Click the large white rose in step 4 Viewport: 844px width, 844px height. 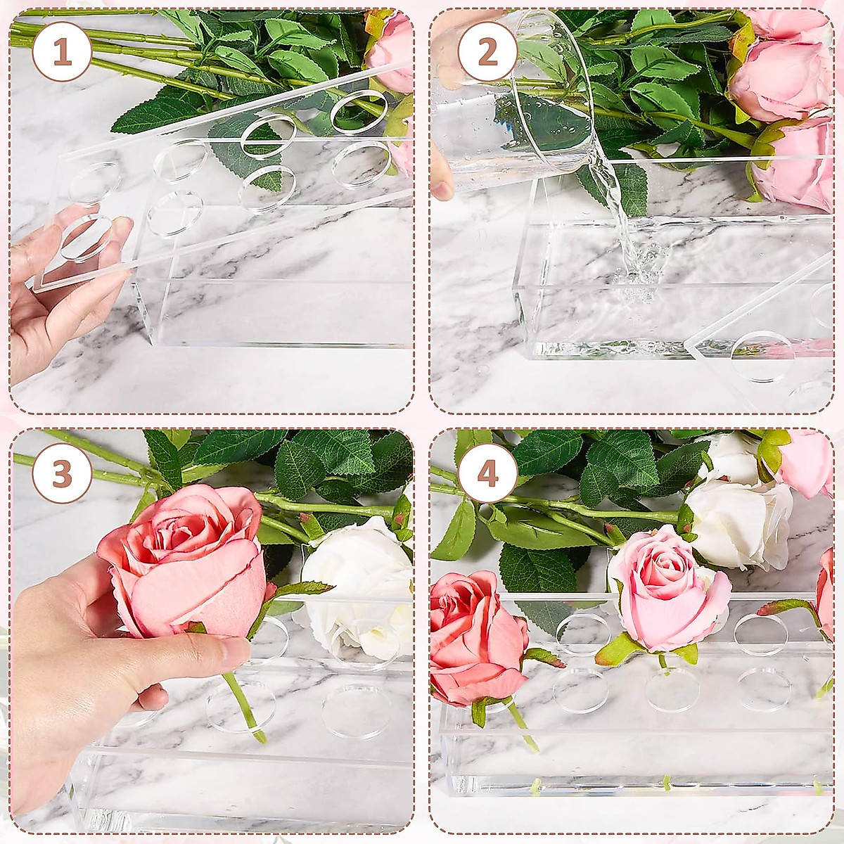click(738, 520)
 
